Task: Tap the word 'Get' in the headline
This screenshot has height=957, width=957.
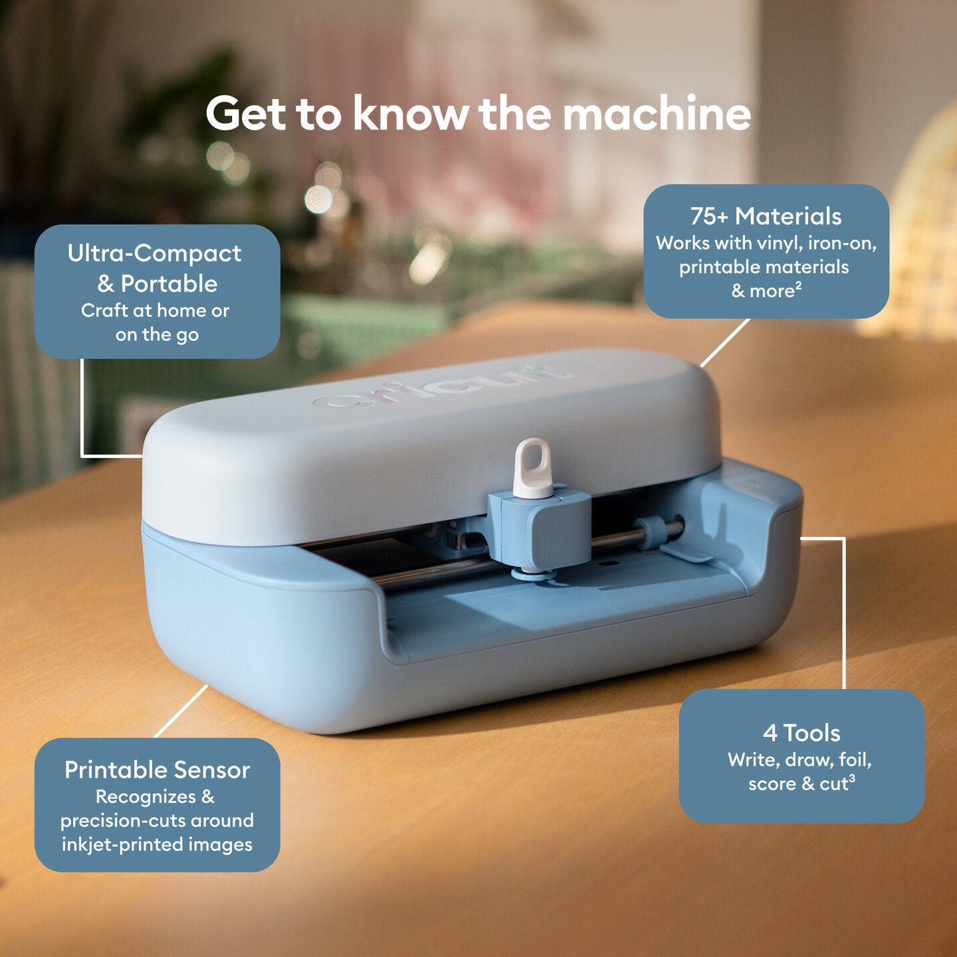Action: click(x=245, y=114)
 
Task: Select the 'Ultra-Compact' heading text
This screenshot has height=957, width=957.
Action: click(x=154, y=254)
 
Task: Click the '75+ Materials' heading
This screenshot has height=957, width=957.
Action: click(x=766, y=217)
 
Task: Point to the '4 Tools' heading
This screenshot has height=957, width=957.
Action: click(x=801, y=733)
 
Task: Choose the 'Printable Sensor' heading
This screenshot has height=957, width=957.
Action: click(x=157, y=770)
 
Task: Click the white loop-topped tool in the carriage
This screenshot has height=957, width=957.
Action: click(x=533, y=469)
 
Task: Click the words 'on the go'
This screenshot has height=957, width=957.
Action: click(x=157, y=335)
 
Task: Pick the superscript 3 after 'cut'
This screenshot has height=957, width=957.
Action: click(x=852, y=778)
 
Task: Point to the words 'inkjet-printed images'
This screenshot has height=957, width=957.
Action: click(x=157, y=845)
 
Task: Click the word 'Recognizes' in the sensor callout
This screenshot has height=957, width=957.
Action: click(x=146, y=796)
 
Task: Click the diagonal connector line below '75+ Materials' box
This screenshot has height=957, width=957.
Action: click(x=725, y=343)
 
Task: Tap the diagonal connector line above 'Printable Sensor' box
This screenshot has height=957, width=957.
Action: click(x=181, y=711)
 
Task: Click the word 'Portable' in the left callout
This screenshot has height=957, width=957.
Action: click(x=169, y=284)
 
